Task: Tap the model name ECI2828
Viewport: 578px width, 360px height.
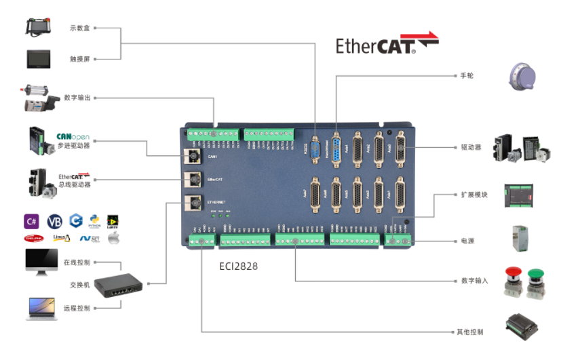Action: [238, 266]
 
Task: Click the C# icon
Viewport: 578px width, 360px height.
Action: [31, 221]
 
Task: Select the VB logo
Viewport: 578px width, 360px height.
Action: [54, 221]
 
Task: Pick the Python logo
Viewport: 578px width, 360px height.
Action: [94, 221]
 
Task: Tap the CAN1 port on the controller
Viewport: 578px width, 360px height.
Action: [192, 157]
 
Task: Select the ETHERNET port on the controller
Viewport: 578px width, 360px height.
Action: [192, 202]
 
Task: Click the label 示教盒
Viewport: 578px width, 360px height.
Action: [81, 28]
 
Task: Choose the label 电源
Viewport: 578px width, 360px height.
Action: [467, 241]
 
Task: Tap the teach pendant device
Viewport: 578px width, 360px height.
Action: [44, 26]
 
